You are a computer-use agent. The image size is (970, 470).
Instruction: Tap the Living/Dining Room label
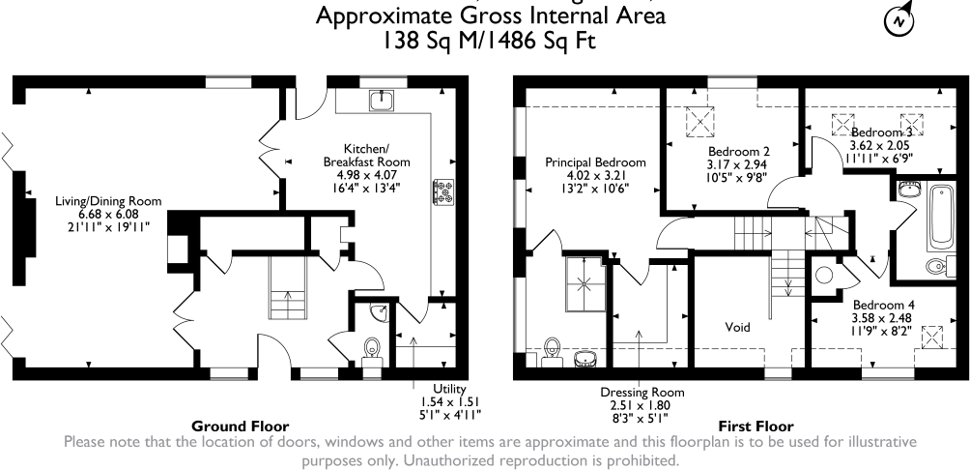pyautogui.click(x=106, y=200)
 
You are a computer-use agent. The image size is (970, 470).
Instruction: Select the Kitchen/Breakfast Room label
pyautogui.click(x=367, y=155)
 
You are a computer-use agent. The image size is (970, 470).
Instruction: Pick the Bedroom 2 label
pyautogui.click(x=738, y=152)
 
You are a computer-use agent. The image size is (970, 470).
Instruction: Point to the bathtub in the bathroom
pyautogui.click(x=939, y=216)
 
